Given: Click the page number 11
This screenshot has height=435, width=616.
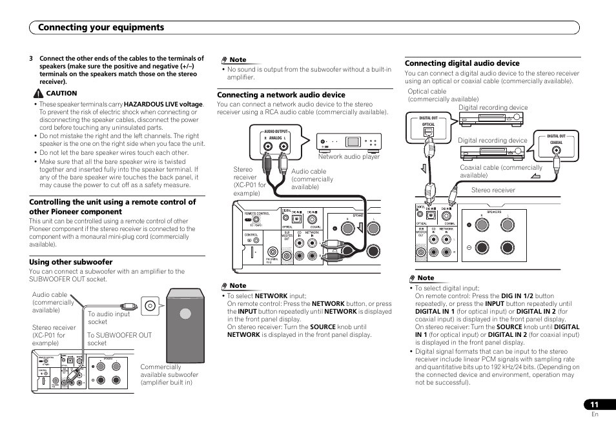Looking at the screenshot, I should click(x=594, y=405).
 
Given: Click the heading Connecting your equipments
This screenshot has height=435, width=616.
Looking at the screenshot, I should click(x=101, y=27).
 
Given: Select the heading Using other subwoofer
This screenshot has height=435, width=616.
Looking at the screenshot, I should click(x=70, y=262).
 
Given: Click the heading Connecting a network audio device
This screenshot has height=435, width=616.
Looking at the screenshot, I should click(x=281, y=95).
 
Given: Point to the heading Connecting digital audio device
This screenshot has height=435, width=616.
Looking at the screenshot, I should click(x=462, y=63).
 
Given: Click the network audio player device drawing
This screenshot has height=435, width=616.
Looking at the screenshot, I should click(x=348, y=141).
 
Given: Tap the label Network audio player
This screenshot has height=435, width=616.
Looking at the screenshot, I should click(x=349, y=157).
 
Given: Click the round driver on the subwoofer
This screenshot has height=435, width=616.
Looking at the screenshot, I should click(x=185, y=314).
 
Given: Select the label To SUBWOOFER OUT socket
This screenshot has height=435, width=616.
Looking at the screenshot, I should click(x=119, y=339).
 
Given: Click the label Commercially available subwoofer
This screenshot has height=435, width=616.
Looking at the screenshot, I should click(x=169, y=374).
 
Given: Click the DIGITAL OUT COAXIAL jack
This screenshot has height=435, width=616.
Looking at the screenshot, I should click(x=557, y=152).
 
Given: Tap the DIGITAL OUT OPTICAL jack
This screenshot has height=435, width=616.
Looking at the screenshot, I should click(x=429, y=132).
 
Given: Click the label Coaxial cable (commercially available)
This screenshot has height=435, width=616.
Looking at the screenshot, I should click(x=500, y=171).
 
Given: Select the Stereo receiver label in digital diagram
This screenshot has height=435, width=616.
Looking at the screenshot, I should click(x=493, y=190).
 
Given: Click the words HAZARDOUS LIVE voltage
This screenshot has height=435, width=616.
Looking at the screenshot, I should click(x=163, y=104).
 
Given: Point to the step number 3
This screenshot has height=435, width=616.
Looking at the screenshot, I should click(x=31, y=58).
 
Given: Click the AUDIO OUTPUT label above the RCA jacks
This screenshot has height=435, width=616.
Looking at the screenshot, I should click(x=276, y=131).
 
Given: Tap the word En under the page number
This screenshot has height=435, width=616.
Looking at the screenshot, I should click(x=595, y=414).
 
